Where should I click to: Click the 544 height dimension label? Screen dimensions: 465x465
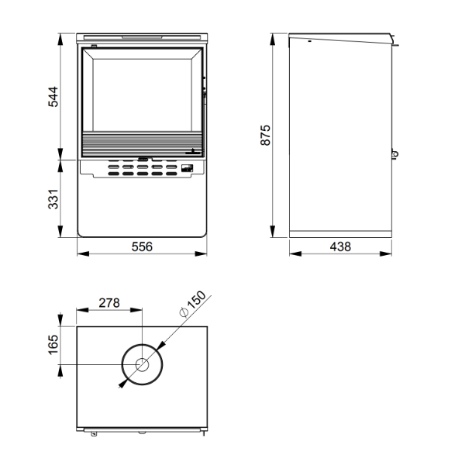click(53, 97)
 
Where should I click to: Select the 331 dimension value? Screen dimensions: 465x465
click(53, 199)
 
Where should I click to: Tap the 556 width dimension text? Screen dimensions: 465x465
click(142, 246)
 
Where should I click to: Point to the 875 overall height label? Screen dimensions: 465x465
click(265, 135)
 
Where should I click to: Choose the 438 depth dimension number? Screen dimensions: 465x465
click(340, 246)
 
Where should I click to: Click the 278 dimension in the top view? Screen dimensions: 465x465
click(109, 303)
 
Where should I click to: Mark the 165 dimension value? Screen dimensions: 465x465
click(53, 345)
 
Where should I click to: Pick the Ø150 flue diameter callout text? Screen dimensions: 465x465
click(193, 304)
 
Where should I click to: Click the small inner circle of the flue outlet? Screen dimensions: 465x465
click(142, 365)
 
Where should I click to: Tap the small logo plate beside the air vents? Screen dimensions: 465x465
click(187, 168)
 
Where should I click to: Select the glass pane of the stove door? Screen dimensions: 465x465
click(143, 95)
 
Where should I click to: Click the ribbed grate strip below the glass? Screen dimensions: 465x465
click(143, 143)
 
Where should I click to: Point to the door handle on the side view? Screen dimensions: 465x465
click(394, 154)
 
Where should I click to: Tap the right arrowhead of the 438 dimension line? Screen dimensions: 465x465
click(386, 254)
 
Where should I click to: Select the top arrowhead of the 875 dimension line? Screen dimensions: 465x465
click(273, 40)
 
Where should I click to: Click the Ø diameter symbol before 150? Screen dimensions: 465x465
click(184, 312)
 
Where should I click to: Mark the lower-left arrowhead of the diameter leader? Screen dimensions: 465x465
click(122, 384)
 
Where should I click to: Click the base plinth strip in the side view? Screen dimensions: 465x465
click(340, 234)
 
